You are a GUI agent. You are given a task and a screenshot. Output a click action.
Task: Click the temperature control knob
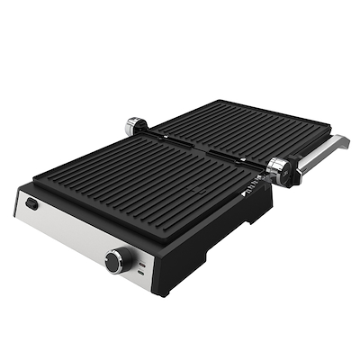pos(116,261)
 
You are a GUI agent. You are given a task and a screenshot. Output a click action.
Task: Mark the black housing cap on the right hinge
pos(291,175)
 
